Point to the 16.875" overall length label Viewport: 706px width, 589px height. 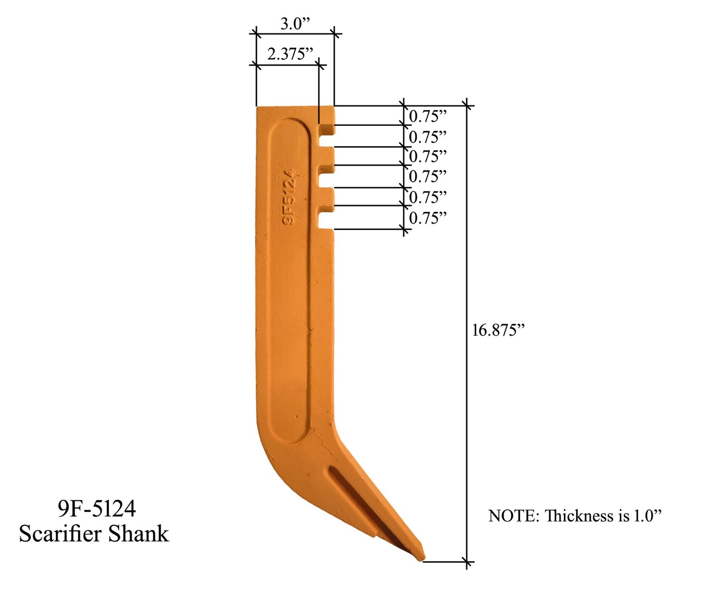pyautogui.click(x=498, y=330)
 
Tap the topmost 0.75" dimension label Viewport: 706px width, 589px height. pyautogui.click(x=427, y=116)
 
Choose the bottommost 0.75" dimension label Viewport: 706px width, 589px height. pyautogui.click(x=427, y=218)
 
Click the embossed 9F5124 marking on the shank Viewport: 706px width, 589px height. pyautogui.click(x=289, y=197)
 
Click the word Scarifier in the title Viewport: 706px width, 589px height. pyautogui.click(x=61, y=533)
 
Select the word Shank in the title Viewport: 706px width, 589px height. pyautogui.click(x=139, y=533)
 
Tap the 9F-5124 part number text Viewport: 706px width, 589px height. pyautogui.click(x=97, y=509)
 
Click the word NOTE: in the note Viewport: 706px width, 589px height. pyautogui.click(x=514, y=516)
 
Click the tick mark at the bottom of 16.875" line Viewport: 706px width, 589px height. pyautogui.click(x=467, y=562)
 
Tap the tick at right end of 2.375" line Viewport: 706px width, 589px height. pyautogui.click(x=319, y=66)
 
